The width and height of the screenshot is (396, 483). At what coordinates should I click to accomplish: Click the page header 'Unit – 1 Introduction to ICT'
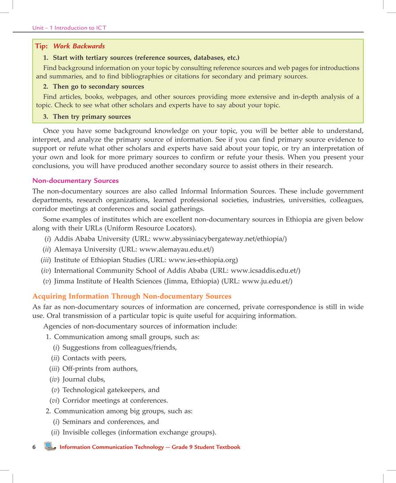(x=69, y=28)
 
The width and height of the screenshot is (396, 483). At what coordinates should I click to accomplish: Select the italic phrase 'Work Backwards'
(x=79, y=46)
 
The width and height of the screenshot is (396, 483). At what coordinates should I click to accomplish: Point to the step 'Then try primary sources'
(x=92, y=117)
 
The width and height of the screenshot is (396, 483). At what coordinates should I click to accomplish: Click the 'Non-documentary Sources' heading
(x=76, y=181)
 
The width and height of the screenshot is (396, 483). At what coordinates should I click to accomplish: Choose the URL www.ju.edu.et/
(x=267, y=281)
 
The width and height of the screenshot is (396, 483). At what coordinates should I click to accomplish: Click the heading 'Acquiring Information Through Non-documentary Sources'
(x=132, y=296)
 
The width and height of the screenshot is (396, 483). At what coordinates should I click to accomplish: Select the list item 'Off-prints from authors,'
(x=100, y=369)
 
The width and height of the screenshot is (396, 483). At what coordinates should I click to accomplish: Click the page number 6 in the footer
(x=34, y=447)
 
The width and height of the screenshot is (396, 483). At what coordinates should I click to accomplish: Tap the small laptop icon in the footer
(x=50, y=447)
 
